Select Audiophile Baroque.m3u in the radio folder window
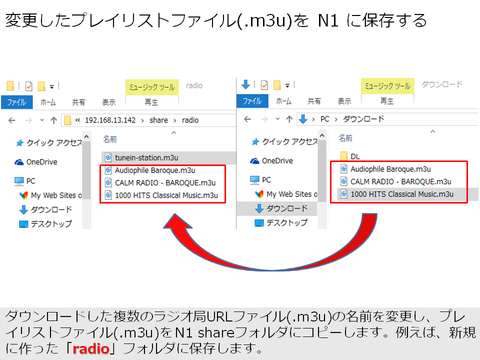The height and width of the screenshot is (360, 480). pos(154,170)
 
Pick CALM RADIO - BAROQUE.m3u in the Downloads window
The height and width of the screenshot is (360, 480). pos(400,181)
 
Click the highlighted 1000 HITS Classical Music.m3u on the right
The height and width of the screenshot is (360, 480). pos(401,194)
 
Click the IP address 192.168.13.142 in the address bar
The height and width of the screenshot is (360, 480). pos(110,120)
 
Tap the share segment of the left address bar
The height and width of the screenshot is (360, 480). pos(159,120)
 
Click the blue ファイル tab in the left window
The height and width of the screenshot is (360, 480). pos(16,102)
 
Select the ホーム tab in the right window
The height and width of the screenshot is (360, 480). pos(283,101)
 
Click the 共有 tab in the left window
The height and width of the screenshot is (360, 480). pos(78,102)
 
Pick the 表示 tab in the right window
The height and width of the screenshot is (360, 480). pos(344,101)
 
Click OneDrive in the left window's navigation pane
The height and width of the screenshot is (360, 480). pos(41,162)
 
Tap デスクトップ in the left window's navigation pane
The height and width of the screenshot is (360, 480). pos(51,224)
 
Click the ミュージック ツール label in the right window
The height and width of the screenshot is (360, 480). pos(387,86)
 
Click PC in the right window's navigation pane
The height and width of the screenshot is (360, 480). pos(266,179)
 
